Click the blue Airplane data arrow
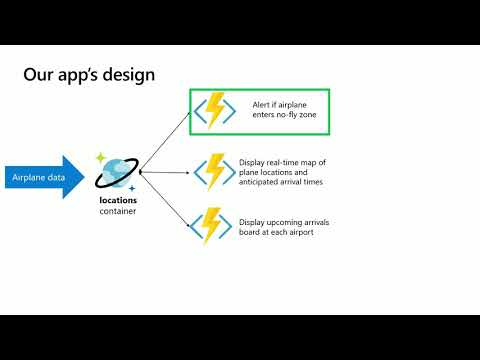(45, 178)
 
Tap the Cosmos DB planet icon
(117, 174)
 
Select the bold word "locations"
(118, 200)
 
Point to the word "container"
(118, 212)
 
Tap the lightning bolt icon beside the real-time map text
(213, 171)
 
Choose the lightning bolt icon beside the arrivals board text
(213, 226)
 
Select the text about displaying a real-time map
(283, 171)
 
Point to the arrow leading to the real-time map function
(166, 172)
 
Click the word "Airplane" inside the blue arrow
(28, 178)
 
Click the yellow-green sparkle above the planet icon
(100, 158)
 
